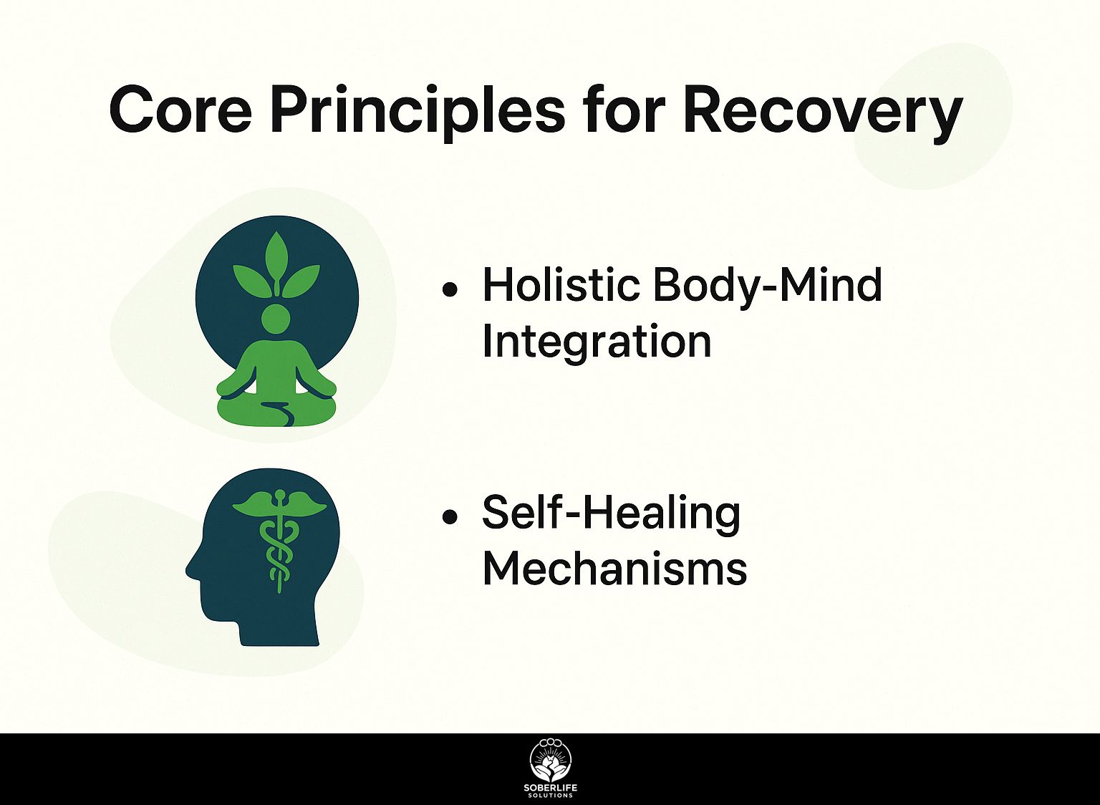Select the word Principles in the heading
point(418,112)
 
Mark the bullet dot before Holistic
point(450,290)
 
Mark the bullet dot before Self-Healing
point(450,517)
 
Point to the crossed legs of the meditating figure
point(277,412)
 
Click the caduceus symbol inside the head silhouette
point(279,540)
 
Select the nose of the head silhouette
point(190,570)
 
